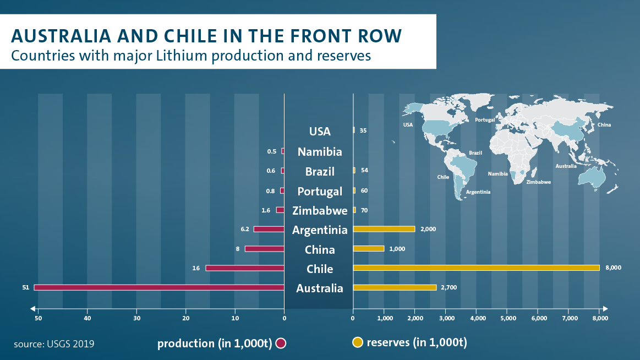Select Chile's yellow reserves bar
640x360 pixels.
point(476,268)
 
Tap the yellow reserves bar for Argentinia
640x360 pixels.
point(384,229)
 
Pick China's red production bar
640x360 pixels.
point(264,249)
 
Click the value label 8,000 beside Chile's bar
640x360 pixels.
point(613,268)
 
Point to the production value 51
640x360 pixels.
point(25,287)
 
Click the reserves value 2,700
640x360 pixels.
point(448,287)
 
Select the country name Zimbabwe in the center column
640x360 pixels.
point(320,210)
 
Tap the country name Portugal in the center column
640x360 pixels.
point(320,191)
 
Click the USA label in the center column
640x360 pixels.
point(320,132)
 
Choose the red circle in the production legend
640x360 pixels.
point(281,343)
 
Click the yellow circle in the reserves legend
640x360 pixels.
point(357,342)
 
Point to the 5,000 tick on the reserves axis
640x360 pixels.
point(507,318)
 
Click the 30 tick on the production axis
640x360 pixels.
point(136,318)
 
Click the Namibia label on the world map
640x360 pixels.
point(497,174)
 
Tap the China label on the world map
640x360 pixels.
point(604,125)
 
